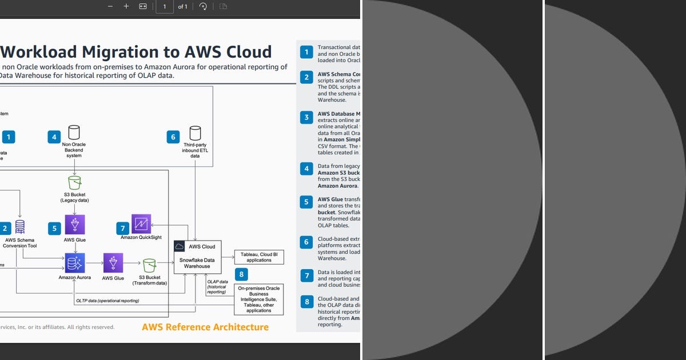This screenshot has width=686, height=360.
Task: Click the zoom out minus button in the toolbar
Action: click(110, 6)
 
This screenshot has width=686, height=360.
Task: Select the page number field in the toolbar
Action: click(165, 7)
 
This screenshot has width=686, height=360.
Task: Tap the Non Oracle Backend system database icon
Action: click(74, 133)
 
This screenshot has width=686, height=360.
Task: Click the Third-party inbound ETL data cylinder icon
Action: click(196, 133)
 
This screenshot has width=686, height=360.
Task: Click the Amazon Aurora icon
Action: click(75, 263)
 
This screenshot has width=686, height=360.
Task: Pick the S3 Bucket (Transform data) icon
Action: click(149, 266)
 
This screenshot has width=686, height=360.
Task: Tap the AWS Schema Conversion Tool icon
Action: click(20, 227)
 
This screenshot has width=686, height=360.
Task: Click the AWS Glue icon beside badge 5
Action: click(75, 225)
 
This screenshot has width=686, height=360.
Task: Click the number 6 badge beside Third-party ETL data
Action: click(173, 137)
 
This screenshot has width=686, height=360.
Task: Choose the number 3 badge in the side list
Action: click(306, 118)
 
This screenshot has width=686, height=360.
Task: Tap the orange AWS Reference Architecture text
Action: click(205, 327)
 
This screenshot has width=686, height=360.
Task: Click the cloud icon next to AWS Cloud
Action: click(180, 246)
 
